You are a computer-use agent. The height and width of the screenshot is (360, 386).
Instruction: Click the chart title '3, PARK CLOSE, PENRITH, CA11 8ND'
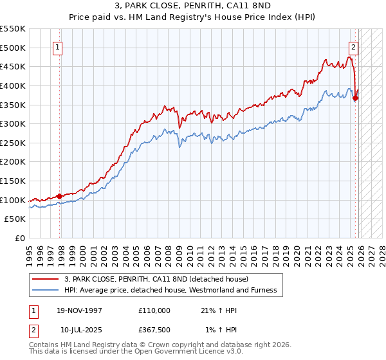point(192,6)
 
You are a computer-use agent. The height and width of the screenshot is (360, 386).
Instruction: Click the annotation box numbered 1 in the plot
point(58,47)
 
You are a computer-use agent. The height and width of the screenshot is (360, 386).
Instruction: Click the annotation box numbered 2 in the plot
point(354,47)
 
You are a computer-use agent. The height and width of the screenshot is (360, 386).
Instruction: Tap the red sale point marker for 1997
point(60,196)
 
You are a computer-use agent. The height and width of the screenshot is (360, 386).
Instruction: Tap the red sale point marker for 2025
point(355,98)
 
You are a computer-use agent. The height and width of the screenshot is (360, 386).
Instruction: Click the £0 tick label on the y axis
point(19,238)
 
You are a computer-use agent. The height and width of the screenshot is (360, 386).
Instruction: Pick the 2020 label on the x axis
point(298,253)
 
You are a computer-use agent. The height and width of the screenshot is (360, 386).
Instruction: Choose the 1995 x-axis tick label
point(30,253)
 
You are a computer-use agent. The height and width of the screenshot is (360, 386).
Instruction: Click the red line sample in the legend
point(46,279)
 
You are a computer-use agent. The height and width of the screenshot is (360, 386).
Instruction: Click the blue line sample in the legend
point(46,290)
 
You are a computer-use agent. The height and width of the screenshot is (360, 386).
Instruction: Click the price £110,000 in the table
point(154,310)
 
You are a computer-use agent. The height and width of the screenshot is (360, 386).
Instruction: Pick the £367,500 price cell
point(154,331)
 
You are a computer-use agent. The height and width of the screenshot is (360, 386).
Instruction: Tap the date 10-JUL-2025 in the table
point(80,331)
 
